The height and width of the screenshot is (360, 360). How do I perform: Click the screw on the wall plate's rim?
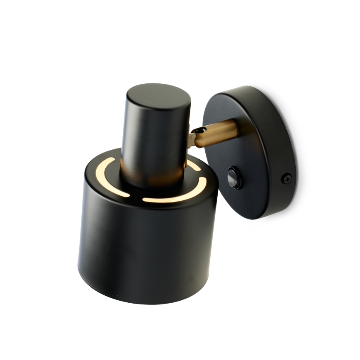click(x=287, y=178)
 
